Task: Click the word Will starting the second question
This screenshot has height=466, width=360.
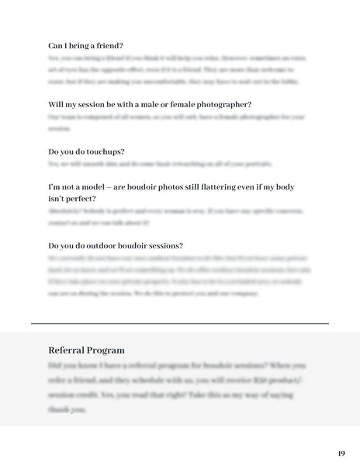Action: coord(56,104)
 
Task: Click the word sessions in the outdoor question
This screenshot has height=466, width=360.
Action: coord(162,246)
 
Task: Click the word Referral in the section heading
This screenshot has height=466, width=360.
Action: coord(67,350)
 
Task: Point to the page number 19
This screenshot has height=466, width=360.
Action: coord(341,453)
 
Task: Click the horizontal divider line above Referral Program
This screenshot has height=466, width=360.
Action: coord(180,322)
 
